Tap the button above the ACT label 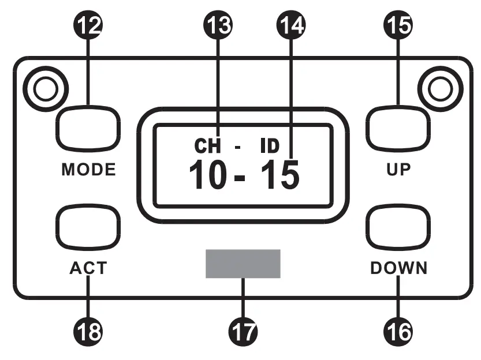(88, 226)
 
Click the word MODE (88, 170)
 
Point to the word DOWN (399, 269)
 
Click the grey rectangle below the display (243, 264)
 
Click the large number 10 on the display (208, 175)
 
